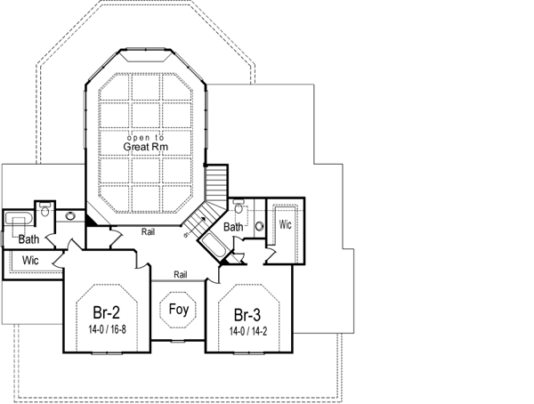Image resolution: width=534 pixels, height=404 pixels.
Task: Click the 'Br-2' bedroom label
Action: tap(107, 313)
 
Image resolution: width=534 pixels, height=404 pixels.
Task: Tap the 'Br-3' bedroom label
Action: tap(248, 314)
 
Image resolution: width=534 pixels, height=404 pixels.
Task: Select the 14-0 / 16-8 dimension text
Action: tap(107, 329)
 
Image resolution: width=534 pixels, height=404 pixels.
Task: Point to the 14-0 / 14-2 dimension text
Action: tap(248, 330)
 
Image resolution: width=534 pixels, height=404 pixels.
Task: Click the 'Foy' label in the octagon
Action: tap(178, 311)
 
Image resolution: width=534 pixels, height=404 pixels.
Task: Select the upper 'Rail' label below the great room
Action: tap(150, 232)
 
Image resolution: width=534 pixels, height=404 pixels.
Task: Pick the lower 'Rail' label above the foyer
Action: tap(181, 274)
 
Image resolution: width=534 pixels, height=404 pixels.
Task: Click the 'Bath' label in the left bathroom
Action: tap(28, 239)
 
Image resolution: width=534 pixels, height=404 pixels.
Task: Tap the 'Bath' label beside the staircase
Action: tap(233, 227)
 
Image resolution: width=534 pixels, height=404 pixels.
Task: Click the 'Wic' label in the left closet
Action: tap(29, 261)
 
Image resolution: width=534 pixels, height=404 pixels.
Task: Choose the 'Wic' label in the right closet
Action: tap(285, 225)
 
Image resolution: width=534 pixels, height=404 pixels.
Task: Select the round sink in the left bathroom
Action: tap(70, 216)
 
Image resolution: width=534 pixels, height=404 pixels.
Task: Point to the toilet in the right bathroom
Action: tap(239, 208)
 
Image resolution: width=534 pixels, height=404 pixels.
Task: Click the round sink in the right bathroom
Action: tap(259, 226)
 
